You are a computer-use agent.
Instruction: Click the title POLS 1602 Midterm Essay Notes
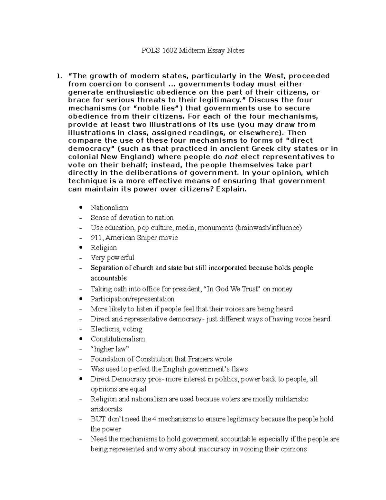pos(193,51)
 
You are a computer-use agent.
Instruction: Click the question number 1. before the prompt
pos(59,76)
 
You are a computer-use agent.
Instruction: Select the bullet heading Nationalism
pos(109,208)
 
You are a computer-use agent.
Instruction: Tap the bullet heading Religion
pos(104,248)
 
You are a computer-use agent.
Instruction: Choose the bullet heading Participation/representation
pos(132,299)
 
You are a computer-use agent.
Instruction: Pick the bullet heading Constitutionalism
pos(118,339)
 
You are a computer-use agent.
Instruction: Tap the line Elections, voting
pos(116,329)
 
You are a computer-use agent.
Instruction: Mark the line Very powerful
pos(112,258)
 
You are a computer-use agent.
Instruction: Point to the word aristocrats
pos(106,409)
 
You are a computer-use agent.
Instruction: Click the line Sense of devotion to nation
pos(132,218)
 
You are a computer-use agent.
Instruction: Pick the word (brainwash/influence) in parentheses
pos(269,228)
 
